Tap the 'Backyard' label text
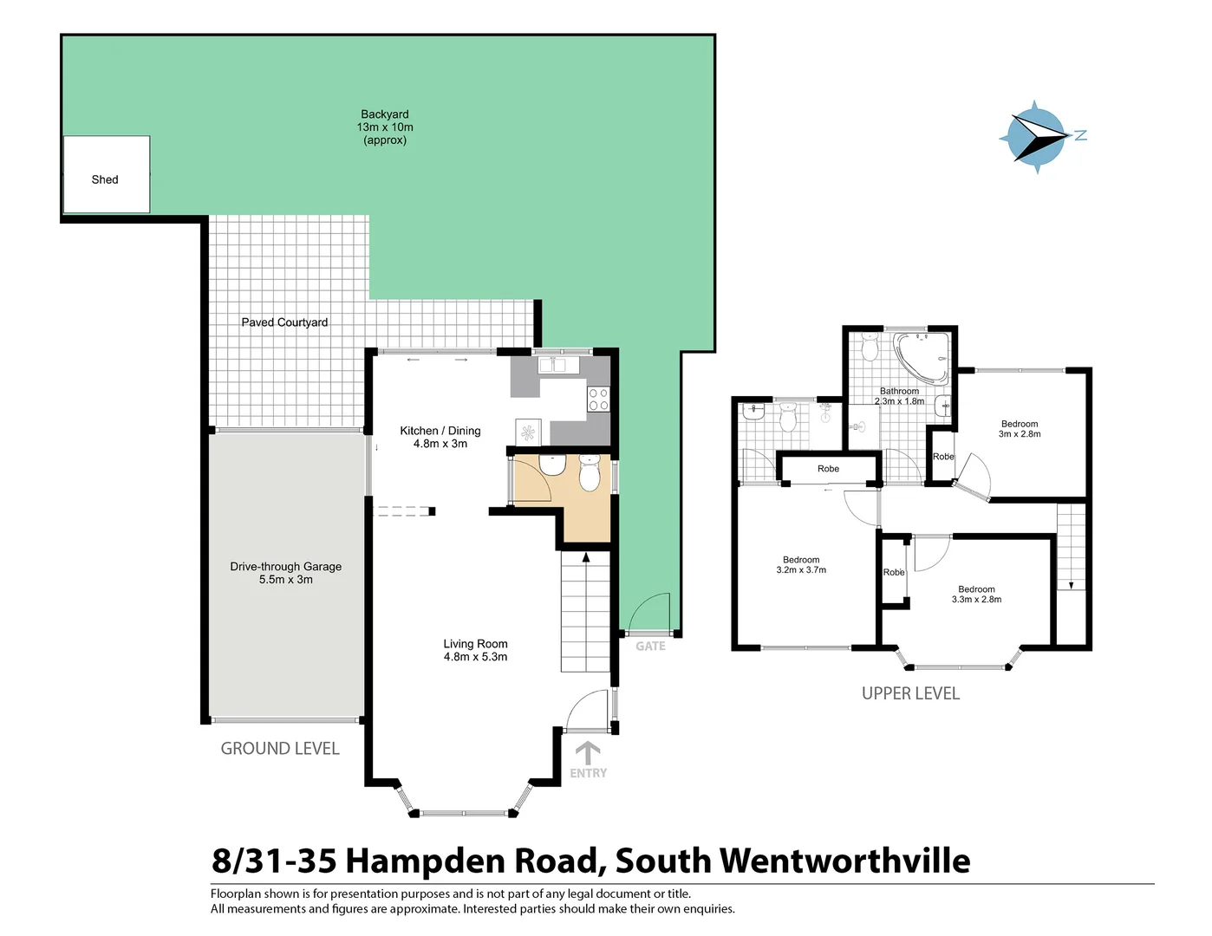[x=385, y=114]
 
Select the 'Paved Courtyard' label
[x=284, y=322]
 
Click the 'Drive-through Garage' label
[x=285, y=567]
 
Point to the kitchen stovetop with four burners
[x=598, y=400]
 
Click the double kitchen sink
[x=559, y=366]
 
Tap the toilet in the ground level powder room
[x=590, y=473]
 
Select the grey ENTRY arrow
[x=588, y=751]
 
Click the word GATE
[x=650, y=647]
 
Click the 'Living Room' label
[x=475, y=644]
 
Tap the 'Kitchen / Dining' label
[x=440, y=431]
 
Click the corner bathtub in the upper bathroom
[x=922, y=357]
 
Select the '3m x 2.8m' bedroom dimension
[x=1020, y=434]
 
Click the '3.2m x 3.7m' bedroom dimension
[x=801, y=570]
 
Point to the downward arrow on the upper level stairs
[x=1072, y=585]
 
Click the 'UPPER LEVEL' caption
[x=910, y=693]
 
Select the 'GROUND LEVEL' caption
[x=280, y=749]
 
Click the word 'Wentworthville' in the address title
[x=844, y=861]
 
